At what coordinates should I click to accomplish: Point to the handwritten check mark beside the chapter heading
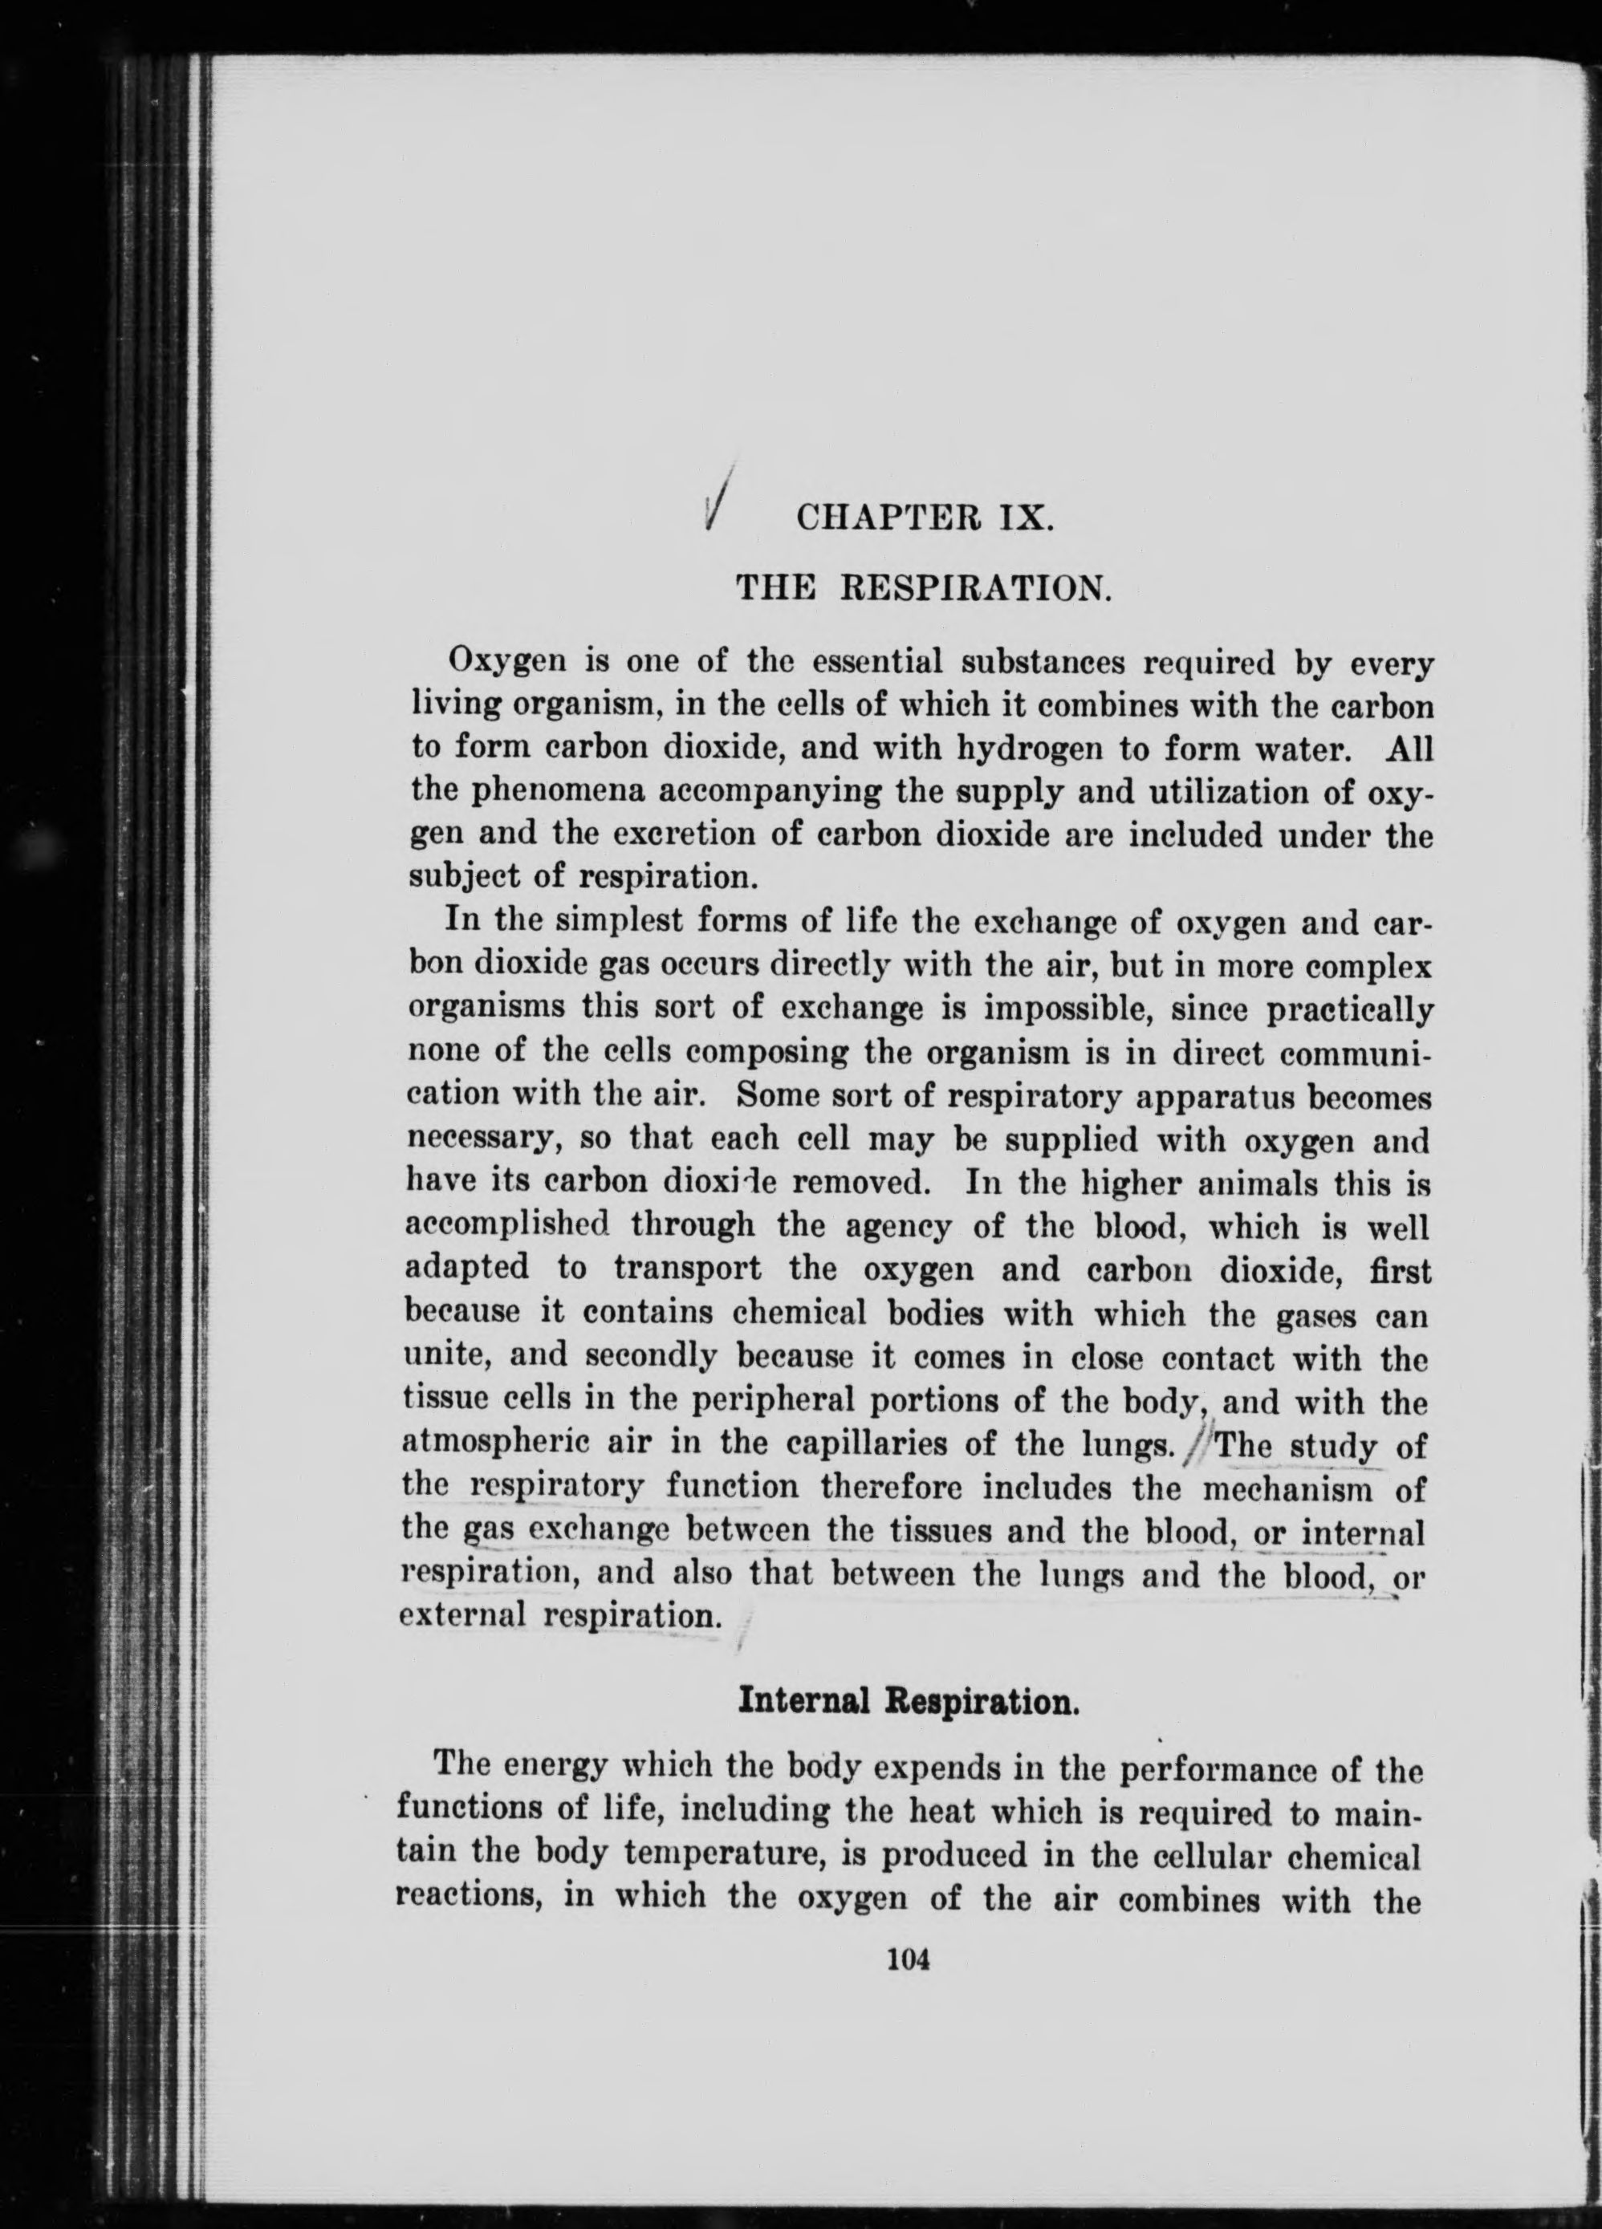point(722,497)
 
